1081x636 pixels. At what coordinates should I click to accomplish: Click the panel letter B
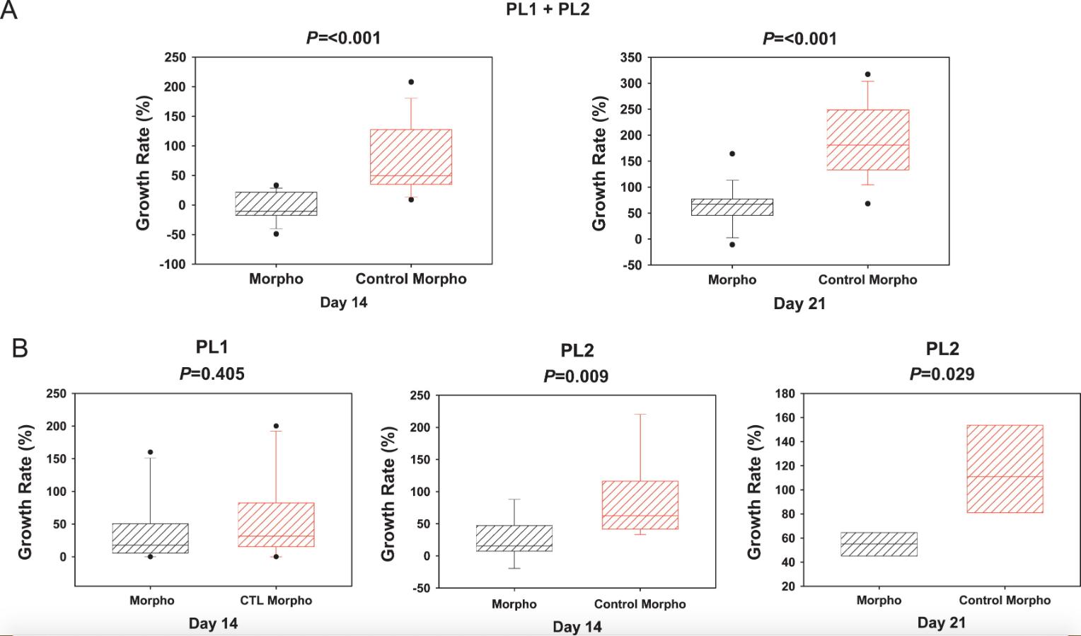click(x=19, y=348)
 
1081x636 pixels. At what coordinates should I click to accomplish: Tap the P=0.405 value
click(x=212, y=374)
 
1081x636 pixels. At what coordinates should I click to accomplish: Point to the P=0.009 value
click(x=576, y=376)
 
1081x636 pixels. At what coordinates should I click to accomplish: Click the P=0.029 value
click(x=942, y=374)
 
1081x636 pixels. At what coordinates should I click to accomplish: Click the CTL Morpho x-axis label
click(x=276, y=601)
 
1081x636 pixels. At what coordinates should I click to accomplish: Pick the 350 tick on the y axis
click(x=630, y=58)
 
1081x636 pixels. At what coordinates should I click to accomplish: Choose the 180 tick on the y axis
click(x=787, y=393)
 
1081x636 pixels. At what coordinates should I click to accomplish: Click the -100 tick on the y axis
click(x=174, y=264)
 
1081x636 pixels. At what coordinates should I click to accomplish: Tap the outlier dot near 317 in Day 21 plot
click(x=868, y=74)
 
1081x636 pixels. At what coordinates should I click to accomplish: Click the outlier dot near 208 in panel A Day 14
click(x=411, y=82)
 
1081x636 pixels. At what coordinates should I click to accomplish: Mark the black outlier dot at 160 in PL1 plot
click(x=150, y=452)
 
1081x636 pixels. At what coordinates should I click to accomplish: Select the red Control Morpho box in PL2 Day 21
click(x=1005, y=468)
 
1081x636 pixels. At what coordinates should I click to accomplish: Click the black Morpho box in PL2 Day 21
click(x=879, y=544)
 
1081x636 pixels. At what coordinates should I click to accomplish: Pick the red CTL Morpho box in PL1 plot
click(x=276, y=524)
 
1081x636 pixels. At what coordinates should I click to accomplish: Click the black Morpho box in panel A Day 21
click(x=732, y=207)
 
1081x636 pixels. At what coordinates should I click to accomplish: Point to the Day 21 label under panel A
click(x=799, y=303)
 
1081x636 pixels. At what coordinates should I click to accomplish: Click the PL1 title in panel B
click(x=212, y=347)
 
